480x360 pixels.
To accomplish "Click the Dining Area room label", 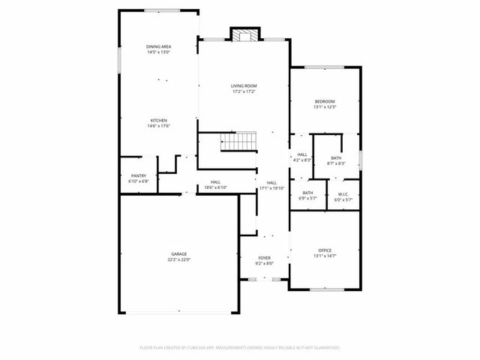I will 158,46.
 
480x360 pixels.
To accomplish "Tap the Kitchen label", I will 158,120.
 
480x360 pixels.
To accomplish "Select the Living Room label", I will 244,86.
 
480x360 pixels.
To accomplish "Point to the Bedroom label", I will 325,101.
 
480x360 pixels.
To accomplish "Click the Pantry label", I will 139,175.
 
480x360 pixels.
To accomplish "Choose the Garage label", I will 178,254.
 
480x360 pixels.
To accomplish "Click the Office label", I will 325,250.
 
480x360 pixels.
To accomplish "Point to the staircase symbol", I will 238,140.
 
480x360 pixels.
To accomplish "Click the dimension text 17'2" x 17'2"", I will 244,91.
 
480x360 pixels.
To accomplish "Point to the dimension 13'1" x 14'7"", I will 325,256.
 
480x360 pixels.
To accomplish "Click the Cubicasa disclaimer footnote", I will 240,348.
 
